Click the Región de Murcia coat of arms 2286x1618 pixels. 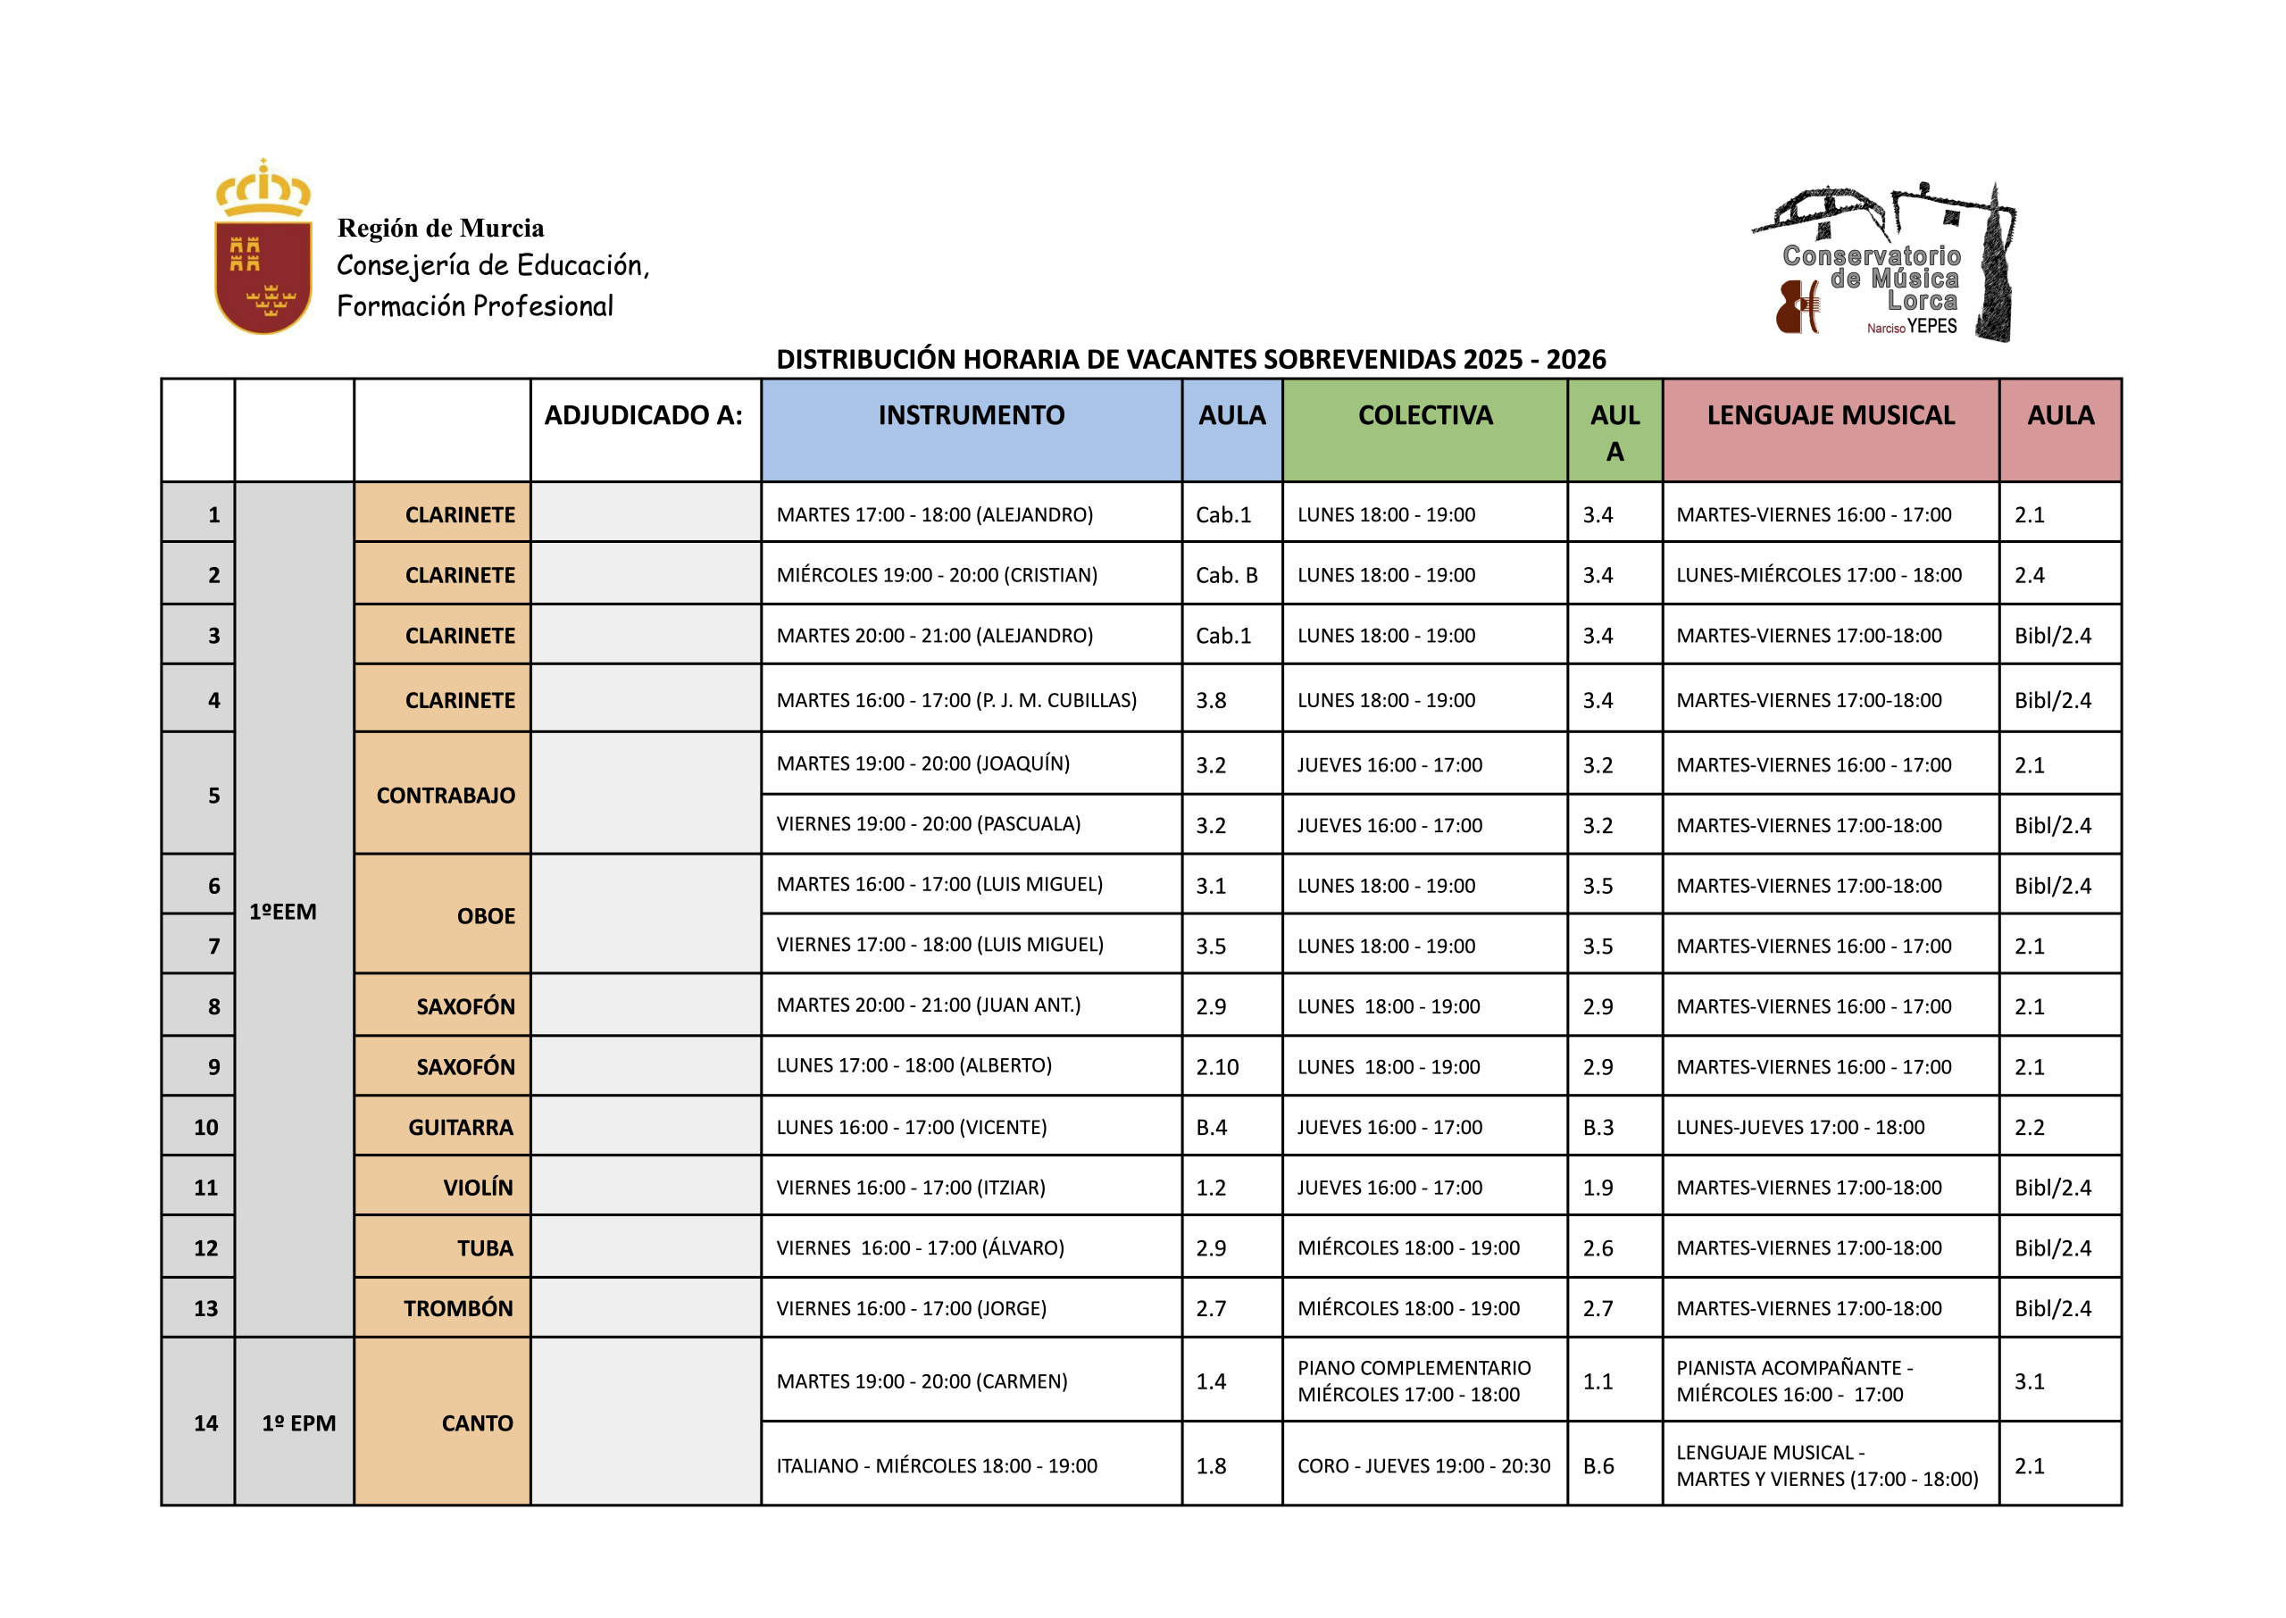point(263,249)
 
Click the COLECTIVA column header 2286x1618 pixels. point(1424,415)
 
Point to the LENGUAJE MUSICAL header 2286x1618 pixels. point(1830,415)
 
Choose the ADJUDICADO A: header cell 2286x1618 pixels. point(644,415)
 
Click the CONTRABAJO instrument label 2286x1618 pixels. point(446,795)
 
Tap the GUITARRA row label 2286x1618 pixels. point(460,1127)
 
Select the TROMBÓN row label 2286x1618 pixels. point(458,1308)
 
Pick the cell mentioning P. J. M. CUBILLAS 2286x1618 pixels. point(956,700)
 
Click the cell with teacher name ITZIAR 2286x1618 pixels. point(911,1188)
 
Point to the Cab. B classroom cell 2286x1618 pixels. point(1226,575)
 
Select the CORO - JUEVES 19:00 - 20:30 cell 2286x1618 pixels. point(1423,1465)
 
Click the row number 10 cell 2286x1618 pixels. point(205,1127)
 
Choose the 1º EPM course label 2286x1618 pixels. point(299,1422)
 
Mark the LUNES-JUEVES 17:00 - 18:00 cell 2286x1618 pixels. point(1800,1127)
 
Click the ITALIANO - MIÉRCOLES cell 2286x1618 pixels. point(937,1465)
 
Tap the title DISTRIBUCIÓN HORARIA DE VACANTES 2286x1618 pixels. point(1190,359)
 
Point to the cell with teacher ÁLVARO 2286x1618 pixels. point(920,1247)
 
